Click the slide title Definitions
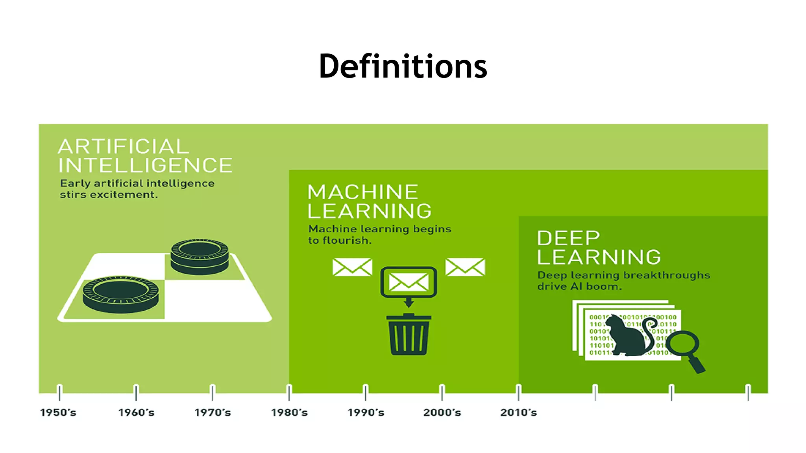(403, 66)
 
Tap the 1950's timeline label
(58, 412)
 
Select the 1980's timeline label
(289, 412)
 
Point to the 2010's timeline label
(518, 412)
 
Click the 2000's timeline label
(442, 412)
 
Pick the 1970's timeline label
(213, 412)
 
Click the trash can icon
(409, 335)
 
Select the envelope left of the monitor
(352, 267)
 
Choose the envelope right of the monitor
(465, 267)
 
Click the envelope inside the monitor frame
(409, 282)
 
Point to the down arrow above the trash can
(409, 302)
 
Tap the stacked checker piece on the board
(200, 256)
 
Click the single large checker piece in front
(121, 294)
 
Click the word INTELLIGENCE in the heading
(145, 166)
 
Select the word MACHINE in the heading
(362, 192)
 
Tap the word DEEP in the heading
(568, 238)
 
